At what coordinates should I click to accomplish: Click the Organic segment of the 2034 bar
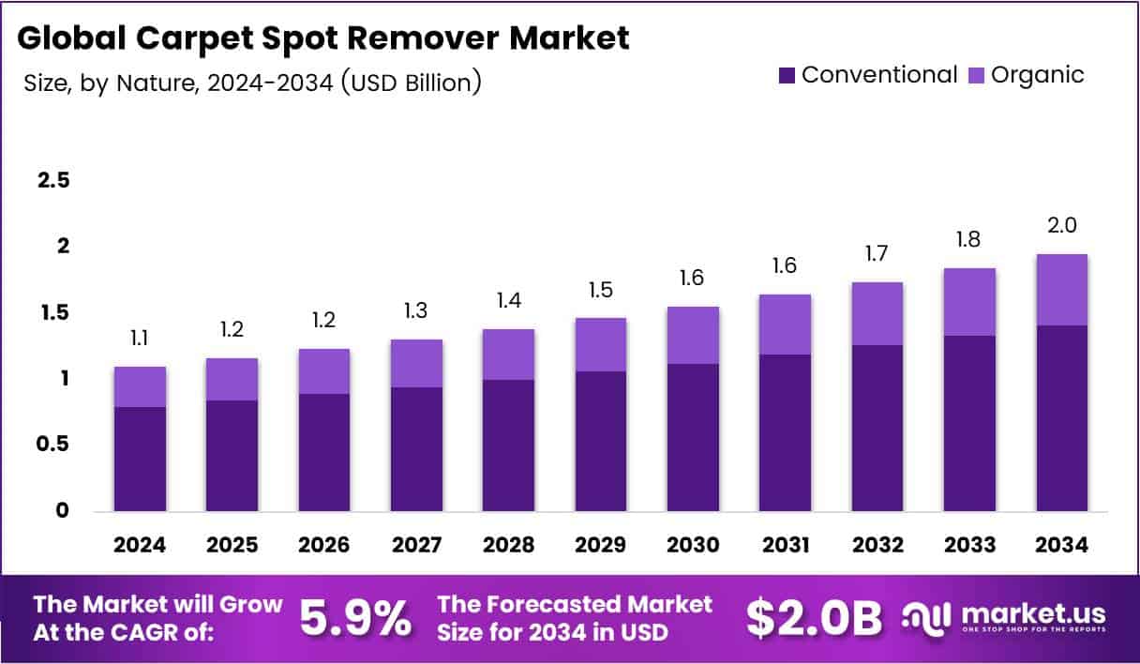pos(1062,290)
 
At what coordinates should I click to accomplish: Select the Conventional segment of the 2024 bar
pos(140,459)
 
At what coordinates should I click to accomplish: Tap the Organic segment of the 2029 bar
pos(600,344)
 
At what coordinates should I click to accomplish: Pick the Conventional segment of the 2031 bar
pos(785,432)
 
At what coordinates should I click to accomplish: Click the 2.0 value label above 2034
pos(1062,225)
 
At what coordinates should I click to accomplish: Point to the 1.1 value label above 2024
pos(140,338)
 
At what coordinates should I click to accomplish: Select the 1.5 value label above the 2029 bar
pos(600,290)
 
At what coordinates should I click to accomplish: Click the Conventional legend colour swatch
pos(787,75)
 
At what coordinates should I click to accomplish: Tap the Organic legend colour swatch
pos(975,75)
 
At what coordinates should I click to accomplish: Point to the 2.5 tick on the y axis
pos(52,180)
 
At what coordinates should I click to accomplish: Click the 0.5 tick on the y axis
pos(52,445)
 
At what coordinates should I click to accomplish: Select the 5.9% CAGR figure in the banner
pos(355,618)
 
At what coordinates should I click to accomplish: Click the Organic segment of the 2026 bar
pos(324,371)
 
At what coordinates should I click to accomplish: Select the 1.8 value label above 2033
pos(969,239)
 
